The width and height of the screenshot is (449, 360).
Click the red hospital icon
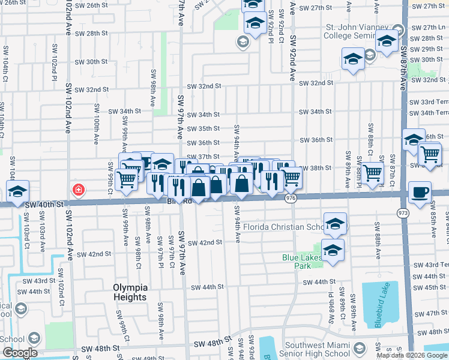click(78, 190)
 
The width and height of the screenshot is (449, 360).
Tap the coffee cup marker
click(420, 193)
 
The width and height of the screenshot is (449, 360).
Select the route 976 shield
click(291, 198)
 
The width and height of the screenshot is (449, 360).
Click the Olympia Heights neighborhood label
click(130, 292)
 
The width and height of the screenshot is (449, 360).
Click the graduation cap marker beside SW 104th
click(18, 192)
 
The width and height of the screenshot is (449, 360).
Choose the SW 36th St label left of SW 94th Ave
click(204, 143)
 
